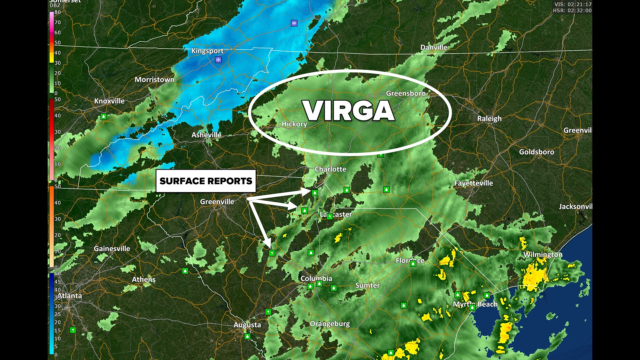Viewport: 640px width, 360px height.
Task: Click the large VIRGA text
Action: [349, 111]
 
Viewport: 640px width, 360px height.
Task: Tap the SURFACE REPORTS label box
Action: [206, 181]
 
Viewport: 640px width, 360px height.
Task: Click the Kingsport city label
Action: [207, 51]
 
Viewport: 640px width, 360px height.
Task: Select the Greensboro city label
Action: [406, 93]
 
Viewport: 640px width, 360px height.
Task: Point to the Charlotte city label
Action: [330, 169]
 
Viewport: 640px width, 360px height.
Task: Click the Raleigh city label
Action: [489, 119]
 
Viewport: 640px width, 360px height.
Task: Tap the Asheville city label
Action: [206, 135]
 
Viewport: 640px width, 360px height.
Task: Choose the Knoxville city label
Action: [109, 101]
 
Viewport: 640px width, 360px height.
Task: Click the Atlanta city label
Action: [70, 296]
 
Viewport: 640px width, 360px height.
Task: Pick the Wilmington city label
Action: [543, 255]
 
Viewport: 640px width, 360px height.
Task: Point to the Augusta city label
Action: [247, 325]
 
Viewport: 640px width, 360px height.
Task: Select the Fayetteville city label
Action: [473, 183]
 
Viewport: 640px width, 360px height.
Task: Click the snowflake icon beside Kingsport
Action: [218, 60]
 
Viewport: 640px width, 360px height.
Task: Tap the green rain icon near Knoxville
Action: [104, 117]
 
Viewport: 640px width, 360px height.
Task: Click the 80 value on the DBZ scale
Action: [58, 12]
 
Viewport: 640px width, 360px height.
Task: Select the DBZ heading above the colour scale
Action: [55, 5]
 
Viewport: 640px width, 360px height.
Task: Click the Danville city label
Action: [434, 47]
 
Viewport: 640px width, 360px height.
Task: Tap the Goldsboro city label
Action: [536, 152]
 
